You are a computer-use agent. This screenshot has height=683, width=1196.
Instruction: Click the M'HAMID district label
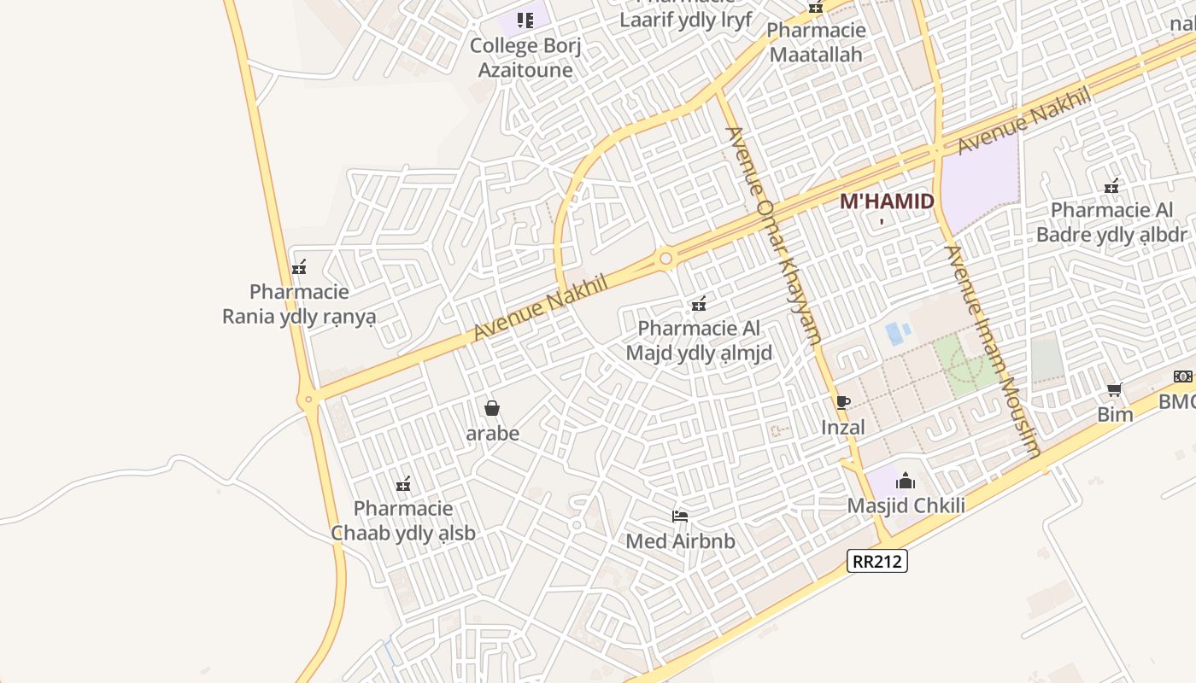point(887,201)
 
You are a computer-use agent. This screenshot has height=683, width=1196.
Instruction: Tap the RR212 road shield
point(877,561)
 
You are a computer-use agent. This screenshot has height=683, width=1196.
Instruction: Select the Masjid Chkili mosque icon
point(906,481)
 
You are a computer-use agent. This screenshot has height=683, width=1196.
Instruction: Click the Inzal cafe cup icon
point(843,402)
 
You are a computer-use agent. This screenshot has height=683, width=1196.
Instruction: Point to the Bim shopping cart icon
point(1114,390)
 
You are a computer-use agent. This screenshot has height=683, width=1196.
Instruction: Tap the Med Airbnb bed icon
point(680,516)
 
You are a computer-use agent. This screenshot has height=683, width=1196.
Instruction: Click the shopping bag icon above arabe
point(491,408)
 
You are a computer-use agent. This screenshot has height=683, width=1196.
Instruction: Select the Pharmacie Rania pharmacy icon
point(299,267)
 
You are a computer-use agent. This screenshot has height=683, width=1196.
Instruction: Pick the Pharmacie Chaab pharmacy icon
point(403,484)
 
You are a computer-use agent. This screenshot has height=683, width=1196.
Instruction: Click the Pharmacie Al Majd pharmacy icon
point(699,303)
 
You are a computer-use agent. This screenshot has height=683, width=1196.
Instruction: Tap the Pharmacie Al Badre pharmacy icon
point(1111,185)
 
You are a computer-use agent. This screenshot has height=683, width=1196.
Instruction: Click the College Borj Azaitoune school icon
point(525,20)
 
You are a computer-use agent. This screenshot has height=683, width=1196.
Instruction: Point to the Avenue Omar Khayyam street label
point(772,234)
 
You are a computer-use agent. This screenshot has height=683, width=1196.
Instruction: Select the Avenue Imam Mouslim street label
point(994,350)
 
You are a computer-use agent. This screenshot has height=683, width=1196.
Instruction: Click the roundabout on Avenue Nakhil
point(665,257)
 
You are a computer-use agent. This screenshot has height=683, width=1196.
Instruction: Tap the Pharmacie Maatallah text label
point(815,43)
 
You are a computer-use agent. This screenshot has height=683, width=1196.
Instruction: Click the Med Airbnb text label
point(680,541)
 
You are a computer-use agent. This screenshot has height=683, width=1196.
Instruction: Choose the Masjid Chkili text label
point(906,505)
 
